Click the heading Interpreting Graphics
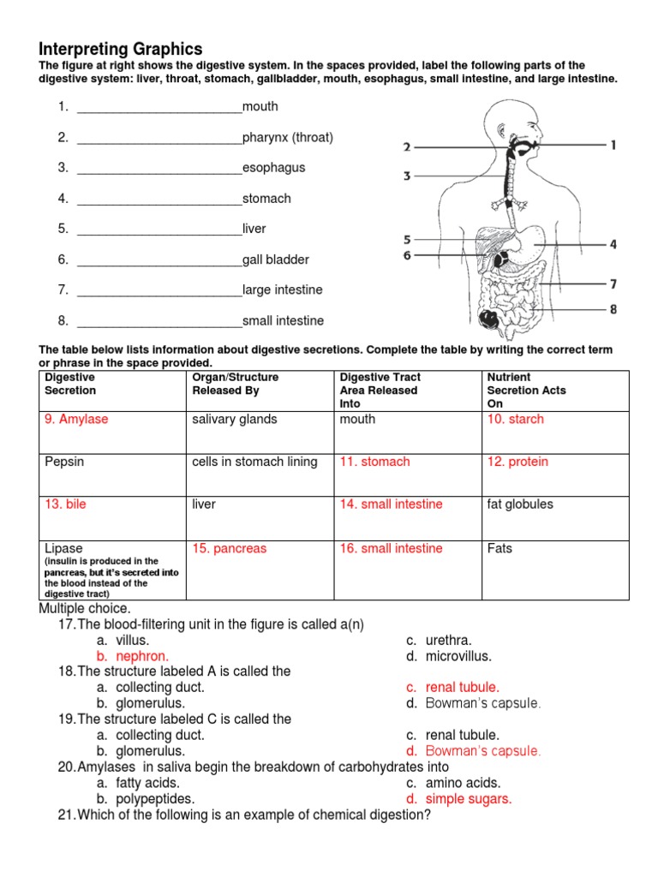click(x=121, y=49)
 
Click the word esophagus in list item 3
click(x=273, y=168)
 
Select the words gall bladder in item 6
click(x=275, y=260)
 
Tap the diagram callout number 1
click(x=613, y=146)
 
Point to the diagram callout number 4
click(x=613, y=244)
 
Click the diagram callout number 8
click(x=613, y=309)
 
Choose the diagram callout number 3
click(x=407, y=176)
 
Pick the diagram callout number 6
click(x=407, y=255)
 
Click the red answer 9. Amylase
click(x=76, y=420)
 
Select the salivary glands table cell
click(x=235, y=420)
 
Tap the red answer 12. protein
click(x=517, y=462)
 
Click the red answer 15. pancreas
click(x=229, y=549)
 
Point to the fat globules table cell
click(x=520, y=504)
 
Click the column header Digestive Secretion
click(x=70, y=384)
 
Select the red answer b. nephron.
click(x=132, y=656)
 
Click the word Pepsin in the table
click(x=64, y=462)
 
